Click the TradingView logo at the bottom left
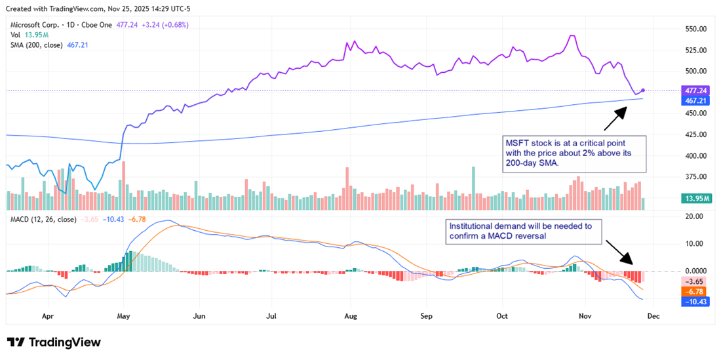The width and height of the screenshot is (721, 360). tap(54, 342)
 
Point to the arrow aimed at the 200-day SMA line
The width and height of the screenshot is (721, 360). tap(614, 118)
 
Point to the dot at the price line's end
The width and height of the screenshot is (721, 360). tap(643, 90)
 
